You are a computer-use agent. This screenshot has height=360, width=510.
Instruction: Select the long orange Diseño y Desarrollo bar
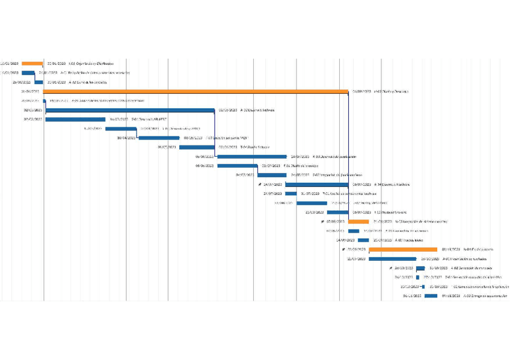pyautogui.click(x=195, y=91)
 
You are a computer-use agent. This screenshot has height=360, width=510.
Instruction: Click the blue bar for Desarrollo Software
pyautogui.click(x=130, y=110)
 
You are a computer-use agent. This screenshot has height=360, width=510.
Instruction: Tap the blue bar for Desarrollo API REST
pyautogui.click(x=75, y=119)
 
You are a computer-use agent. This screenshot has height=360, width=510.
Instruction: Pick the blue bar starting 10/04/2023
pyautogui.click(x=159, y=138)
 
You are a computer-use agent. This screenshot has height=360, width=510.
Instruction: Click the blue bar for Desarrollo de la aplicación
pyautogui.click(x=251, y=156)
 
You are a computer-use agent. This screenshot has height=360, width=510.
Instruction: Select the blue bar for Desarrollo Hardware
pyautogui.click(x=316, y=184)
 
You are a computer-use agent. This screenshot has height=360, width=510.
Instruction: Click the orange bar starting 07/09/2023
pyautogui.click(x=358, y=221)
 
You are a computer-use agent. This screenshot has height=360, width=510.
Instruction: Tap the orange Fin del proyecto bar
pyautogui.click(x=402, y=249)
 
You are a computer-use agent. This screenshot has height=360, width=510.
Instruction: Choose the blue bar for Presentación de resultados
pyautogui.click(x=392, y=258)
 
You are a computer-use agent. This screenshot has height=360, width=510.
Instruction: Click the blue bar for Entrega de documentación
pyautogui.click(x=431, y=296)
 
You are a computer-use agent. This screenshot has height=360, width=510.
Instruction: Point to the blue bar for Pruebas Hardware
pyautogui.click(x=337, y=212)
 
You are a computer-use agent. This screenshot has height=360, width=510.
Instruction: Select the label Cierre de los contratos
pyautogui.click(x=88, y=82)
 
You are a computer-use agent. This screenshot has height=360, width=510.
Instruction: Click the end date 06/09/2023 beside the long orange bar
pyautogui.click(x=361, y=91)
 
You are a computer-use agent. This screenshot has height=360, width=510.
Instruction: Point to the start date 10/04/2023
pyautogui.click(x=126, y=138)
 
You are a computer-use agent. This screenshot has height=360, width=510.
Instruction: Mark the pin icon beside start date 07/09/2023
pyautogui.click(x=322, y=221)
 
